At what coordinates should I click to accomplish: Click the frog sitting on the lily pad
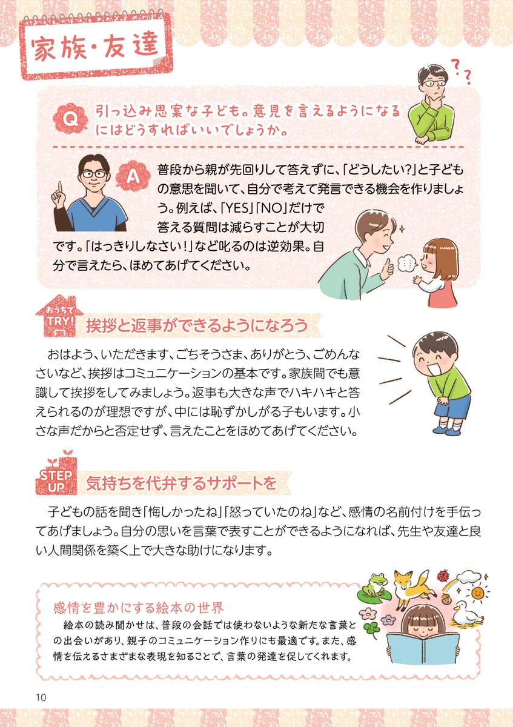coord(376,584)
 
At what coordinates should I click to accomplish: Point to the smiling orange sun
coord(478,590)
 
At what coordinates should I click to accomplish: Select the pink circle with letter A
coord(137,176)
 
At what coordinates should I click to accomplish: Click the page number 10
coord(41,696)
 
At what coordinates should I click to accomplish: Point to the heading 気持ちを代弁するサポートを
coord(181,483)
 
